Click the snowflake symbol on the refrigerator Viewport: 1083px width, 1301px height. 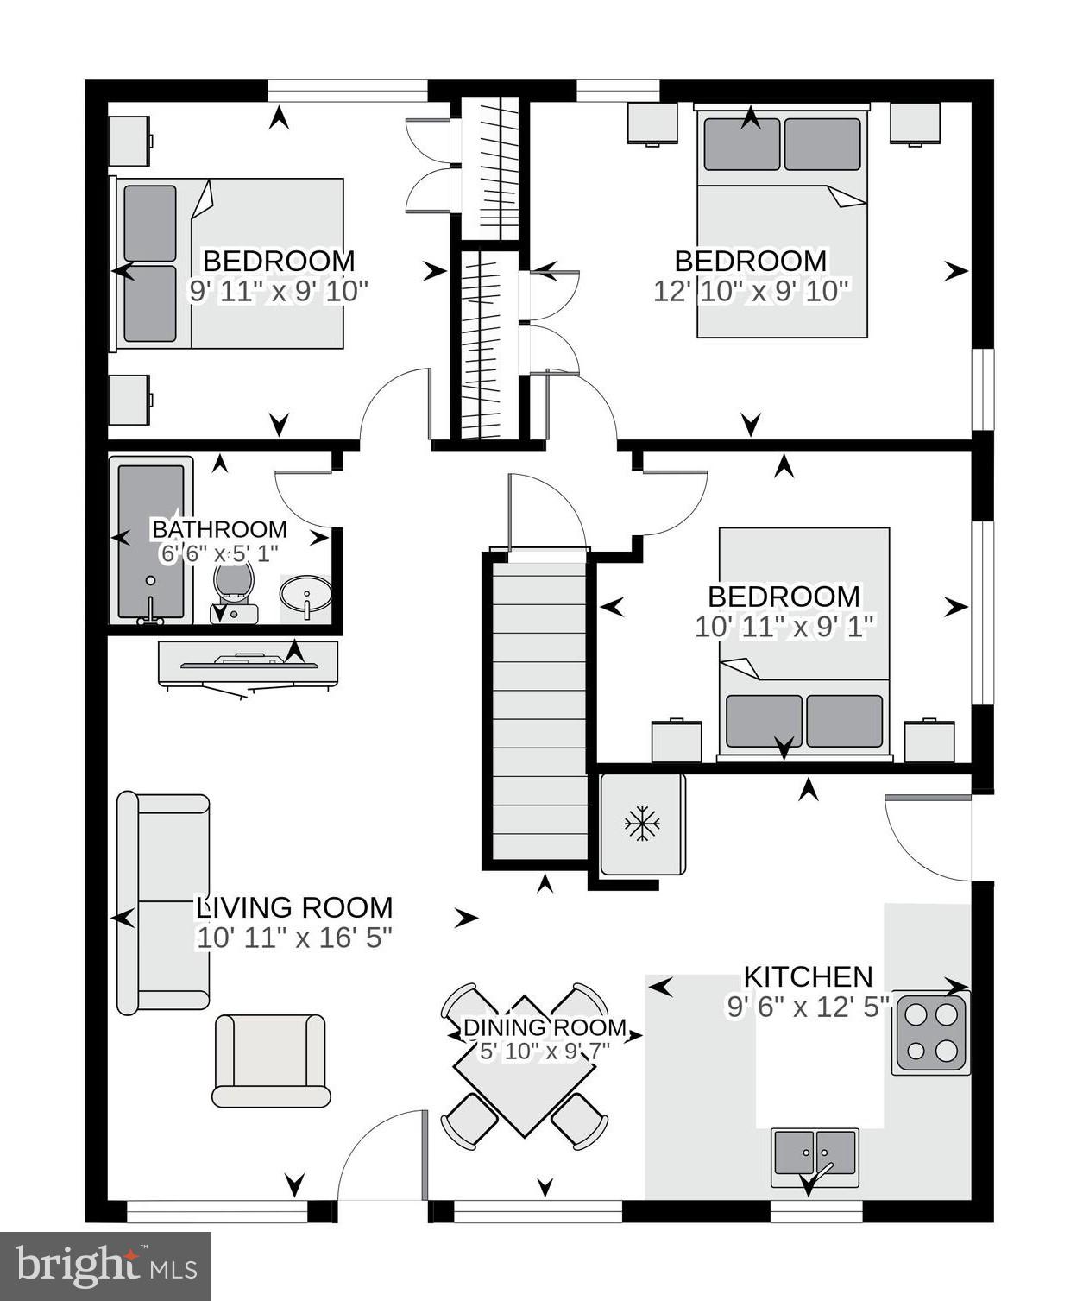click(x=642, y=824)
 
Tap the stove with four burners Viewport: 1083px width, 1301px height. click(x=930, y=1033)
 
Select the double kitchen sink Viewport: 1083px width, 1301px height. click(x=815, y=1155)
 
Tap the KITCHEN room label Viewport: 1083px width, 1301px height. click(x=808, y=976)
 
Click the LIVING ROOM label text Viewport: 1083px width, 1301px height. click(x=294, y=907)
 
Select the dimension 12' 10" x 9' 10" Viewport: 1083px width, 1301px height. click(x=751, y=291)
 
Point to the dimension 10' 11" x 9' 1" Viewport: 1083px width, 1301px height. click(x=784, y=627)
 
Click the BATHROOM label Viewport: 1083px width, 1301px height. click(x=219, y=529)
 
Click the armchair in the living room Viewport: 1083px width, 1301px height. click(x=271, y=1060)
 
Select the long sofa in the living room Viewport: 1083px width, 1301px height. click(x=163, y=903)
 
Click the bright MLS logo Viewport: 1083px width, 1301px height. click(x=105, y=1266)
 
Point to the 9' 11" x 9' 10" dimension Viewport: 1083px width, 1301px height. click(x=278, y=291)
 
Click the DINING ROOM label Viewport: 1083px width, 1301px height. click(x=545, y=1027)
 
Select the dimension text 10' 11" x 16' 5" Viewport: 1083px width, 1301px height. click(x=294, y=938)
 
